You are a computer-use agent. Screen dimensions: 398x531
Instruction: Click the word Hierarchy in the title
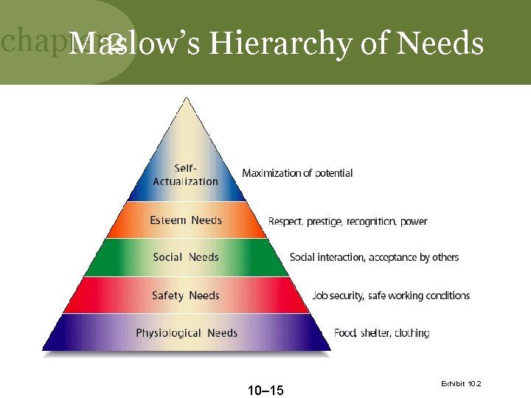[280, 44]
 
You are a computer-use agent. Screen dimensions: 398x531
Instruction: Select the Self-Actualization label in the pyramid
[186, 175]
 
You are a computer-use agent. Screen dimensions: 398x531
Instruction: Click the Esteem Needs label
[186, 220]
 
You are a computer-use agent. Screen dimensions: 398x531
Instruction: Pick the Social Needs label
[186, 257]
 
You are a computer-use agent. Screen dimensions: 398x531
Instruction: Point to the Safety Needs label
[186, 296]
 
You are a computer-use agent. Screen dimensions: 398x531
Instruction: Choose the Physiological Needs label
[187, 333]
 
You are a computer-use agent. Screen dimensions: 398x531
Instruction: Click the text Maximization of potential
[297, 173]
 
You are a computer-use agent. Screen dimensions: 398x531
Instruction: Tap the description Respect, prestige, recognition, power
[347, 221]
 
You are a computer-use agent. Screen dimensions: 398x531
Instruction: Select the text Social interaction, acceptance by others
[374, 257]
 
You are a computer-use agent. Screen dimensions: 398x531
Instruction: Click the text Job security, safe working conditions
[391, 296]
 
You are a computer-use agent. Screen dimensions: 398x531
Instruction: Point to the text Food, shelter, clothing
[382, 333]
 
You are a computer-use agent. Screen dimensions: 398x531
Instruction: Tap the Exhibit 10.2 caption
[461, 384]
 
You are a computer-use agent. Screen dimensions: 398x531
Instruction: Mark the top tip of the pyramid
[186, 99]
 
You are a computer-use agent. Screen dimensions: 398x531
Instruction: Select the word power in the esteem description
[414, 221]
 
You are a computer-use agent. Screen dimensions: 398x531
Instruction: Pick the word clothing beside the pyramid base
[412, 333]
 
